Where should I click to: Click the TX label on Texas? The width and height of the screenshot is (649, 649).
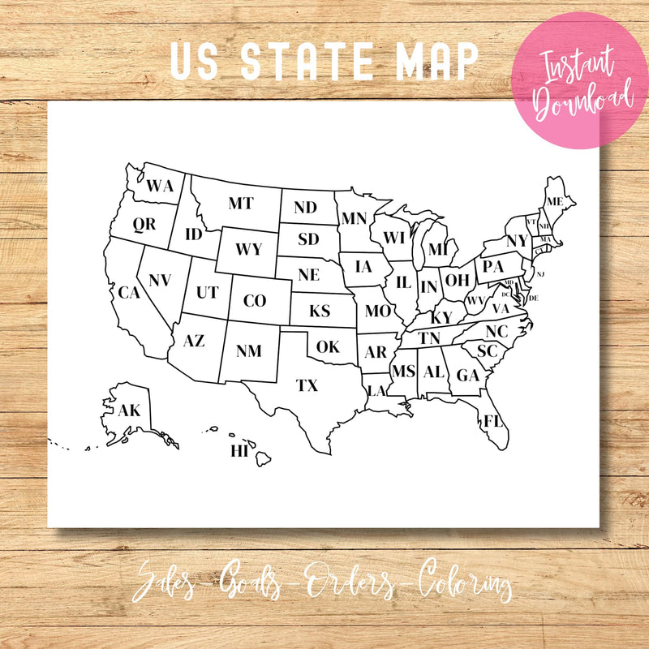[307, 385]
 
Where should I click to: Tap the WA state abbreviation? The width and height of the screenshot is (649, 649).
[160, 186]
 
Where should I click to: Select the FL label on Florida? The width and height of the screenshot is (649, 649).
[492, 420]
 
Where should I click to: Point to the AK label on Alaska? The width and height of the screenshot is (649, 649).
[129, 410]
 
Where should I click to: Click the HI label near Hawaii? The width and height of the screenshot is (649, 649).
[239, 451]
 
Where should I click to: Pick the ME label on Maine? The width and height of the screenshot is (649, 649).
[555, 201]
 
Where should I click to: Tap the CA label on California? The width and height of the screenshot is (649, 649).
[129, 292]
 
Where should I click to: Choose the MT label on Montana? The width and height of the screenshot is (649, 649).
[240, 204]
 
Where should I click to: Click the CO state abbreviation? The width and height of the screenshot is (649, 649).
[255, 301]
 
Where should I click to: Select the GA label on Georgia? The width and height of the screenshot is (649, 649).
[468, 375]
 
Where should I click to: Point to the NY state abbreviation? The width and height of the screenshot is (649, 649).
[517, 241]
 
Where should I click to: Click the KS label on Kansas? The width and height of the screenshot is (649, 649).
[320, 311]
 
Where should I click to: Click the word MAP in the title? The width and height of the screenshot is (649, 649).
[438, 62]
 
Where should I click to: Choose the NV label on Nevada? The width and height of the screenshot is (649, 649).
[160, 280]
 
